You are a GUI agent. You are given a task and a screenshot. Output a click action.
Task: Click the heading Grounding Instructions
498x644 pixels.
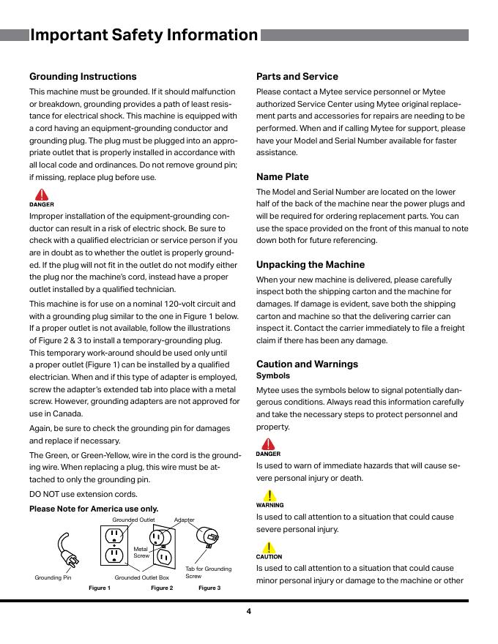[x=83, y=77]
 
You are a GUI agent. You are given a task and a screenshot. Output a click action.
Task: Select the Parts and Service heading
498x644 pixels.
[x=297, y=77]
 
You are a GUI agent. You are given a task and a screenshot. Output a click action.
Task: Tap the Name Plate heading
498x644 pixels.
[x=282, y=177]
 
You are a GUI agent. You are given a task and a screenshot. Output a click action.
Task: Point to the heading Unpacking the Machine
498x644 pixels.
[x=310, y=265]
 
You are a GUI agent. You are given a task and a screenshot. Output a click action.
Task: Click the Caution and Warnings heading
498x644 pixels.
[x=307, y=364]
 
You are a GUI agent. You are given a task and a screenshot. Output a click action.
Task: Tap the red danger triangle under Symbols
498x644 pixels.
[x=270, y=444]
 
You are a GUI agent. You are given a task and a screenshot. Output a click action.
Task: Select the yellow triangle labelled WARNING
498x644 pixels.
[x=270, y=495]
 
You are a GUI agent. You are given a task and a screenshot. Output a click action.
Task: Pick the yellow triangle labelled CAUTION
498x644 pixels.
[x=270, y=547]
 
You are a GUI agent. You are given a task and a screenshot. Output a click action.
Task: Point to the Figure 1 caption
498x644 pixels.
[x=100, y=588]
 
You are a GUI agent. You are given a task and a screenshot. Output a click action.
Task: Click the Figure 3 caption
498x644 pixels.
[x=209, y=588]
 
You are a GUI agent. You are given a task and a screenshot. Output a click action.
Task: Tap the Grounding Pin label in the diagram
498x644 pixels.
[x=53, y=578]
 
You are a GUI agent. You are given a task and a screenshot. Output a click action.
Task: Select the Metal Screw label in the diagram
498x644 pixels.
[x=141, y=552]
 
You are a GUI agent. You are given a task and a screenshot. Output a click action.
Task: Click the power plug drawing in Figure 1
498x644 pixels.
[x=68, y=550]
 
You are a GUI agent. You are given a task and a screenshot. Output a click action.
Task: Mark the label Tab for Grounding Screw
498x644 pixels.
[x=208, y=572]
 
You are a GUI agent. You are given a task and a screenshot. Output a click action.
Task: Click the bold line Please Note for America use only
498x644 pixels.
[x=94, y=509]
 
